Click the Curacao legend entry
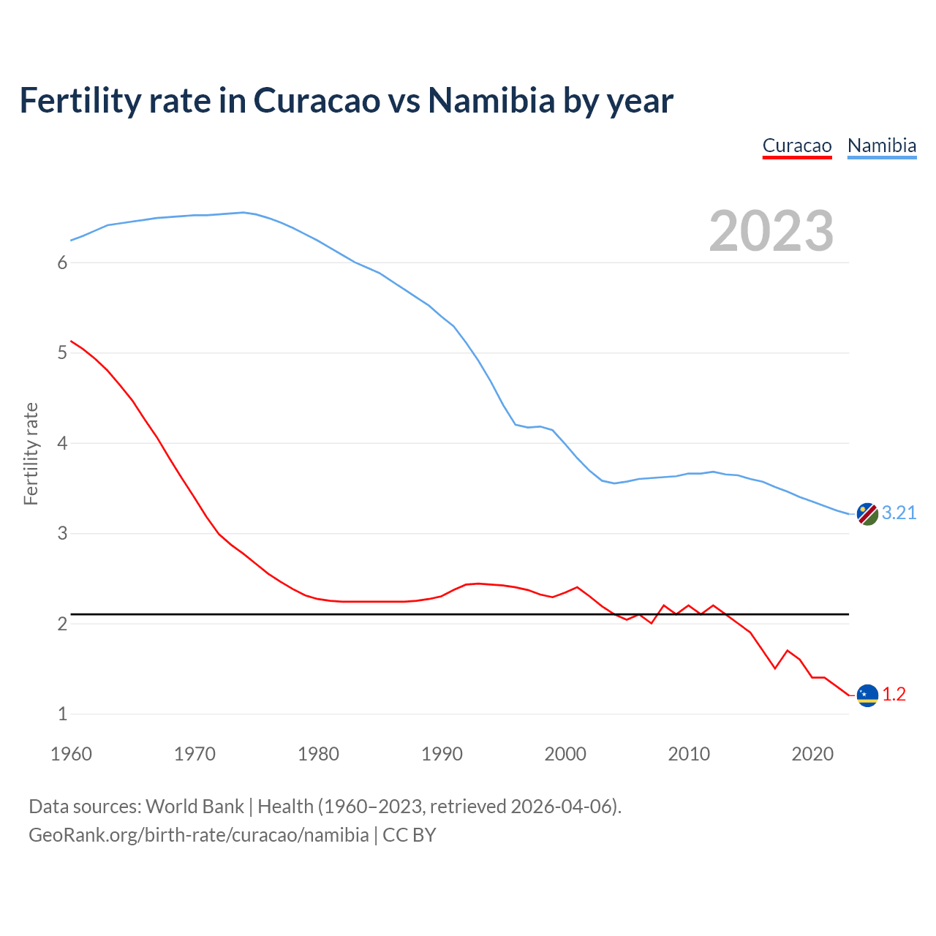tap(796, 146)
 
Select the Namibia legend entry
tap(881, 146)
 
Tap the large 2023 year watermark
tap(771, 231)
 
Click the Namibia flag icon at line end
tap(867, 514)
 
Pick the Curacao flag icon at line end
tap(867, 695)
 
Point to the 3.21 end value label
tap(899, 513)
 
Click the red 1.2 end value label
tap(894, 695)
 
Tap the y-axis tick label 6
tap(62, 263)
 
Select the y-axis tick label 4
tap(62, 443)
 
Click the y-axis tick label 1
tap(62, 714)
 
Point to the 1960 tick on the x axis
tap(71, 754)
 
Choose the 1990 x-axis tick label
tap(442, 754)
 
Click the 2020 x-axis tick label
tap(812, 754)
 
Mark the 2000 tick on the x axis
tap(565, 754)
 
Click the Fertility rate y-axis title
tap(31, 453)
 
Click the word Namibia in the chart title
tap(491, 101)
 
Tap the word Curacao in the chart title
tap(317, 101)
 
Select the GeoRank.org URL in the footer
tap(198, 835)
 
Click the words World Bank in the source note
tap(195, 807)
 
